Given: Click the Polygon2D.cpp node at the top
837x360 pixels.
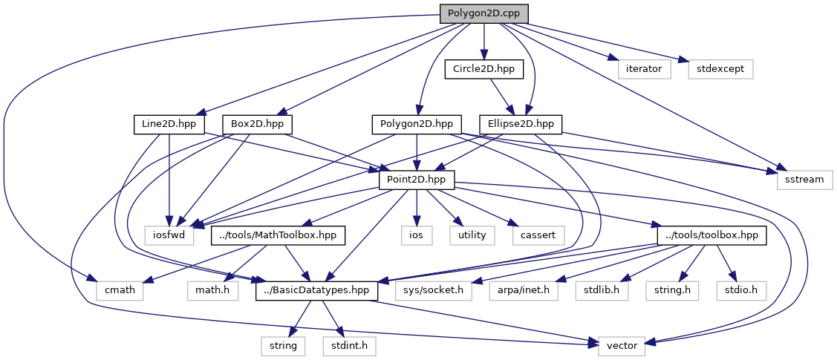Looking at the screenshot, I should (483, 14).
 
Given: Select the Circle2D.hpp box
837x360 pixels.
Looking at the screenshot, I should (483, 69).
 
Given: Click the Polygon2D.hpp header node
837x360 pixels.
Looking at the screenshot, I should (417, 124).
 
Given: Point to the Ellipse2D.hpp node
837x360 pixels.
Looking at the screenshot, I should (521, 124).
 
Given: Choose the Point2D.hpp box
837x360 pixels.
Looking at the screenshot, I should (417, 180).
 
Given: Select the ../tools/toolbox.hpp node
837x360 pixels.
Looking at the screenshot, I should (711, 235).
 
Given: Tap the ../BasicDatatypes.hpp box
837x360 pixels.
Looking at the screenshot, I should (317, 290).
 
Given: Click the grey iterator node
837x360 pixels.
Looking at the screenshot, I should (645, 69).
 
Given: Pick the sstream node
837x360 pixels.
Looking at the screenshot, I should (804, 180).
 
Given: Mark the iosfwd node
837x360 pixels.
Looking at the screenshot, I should (169, 235).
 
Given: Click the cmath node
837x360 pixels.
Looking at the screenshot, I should (115, 290).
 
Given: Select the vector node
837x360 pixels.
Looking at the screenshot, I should (617, 346).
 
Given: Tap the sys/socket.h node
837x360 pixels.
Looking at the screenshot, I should (433, 290).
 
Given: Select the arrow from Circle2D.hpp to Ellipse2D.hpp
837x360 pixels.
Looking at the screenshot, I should (502, 96).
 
